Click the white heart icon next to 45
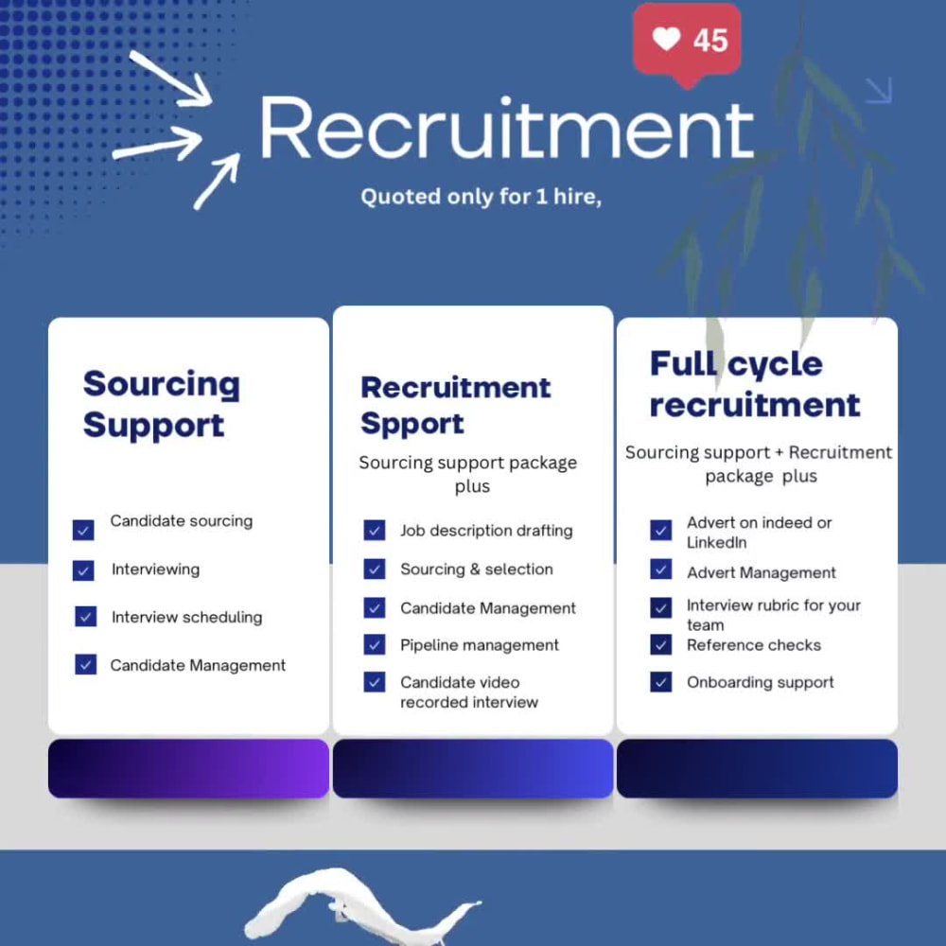[666, 39]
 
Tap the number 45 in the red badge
[710, 41]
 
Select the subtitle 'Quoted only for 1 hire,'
[481, 197]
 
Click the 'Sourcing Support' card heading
[161, 404]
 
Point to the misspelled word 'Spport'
[412, 424]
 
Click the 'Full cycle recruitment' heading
[755, 384]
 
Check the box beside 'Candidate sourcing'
[83, 530]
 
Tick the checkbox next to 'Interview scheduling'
[86, 616]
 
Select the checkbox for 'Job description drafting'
[374, 530]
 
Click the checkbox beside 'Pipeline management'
[374, 644]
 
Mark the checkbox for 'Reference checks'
[660, 644]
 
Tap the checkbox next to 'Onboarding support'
[660, 682]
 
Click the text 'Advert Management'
[762, 572]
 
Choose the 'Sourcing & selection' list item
[477, 569]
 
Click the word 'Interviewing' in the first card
[156, 569]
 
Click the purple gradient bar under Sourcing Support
[189, 768]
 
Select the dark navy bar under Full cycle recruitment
[757, 768]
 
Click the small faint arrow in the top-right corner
[879, 91]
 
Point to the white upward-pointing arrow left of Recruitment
[218, 181]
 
